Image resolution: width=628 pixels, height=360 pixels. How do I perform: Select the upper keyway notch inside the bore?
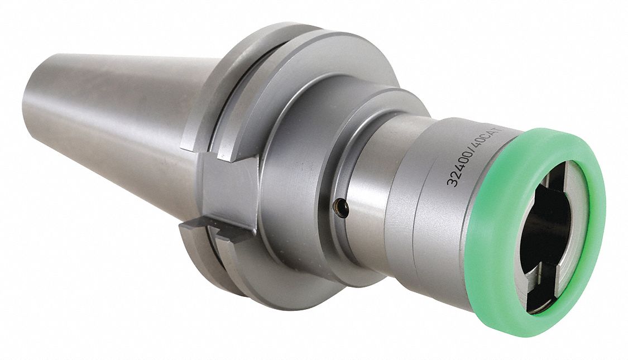(x=564, y=179)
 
